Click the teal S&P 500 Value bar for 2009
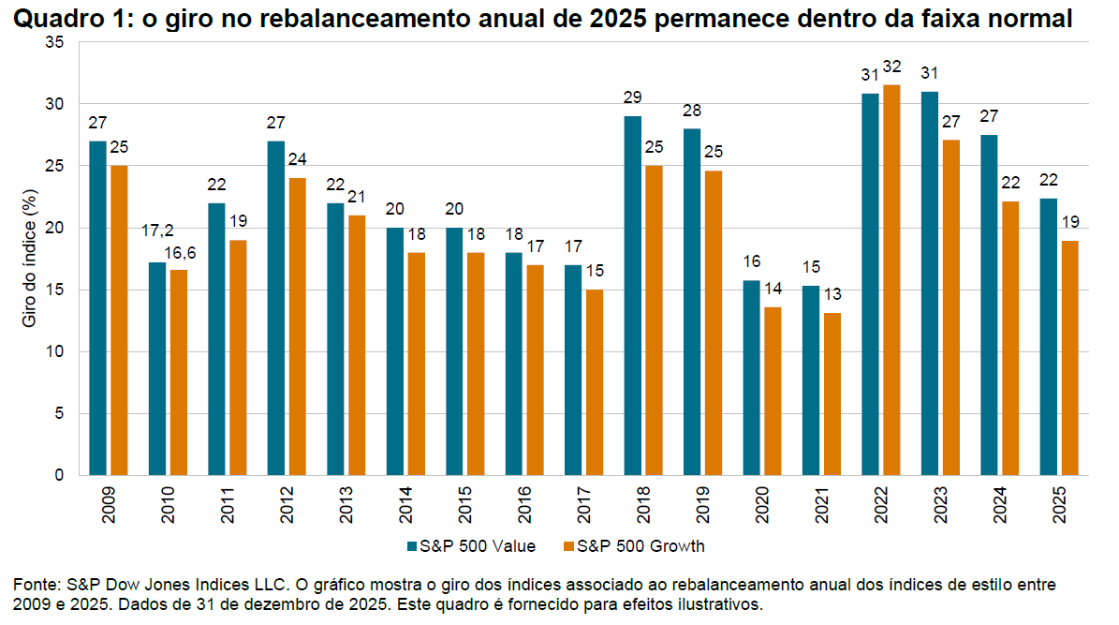tap(98, 308)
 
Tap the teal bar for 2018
tap(633, 296)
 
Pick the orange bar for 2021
tap(831, 394)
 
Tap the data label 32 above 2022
tap(891, 67)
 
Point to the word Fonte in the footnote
tap(34, 585)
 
